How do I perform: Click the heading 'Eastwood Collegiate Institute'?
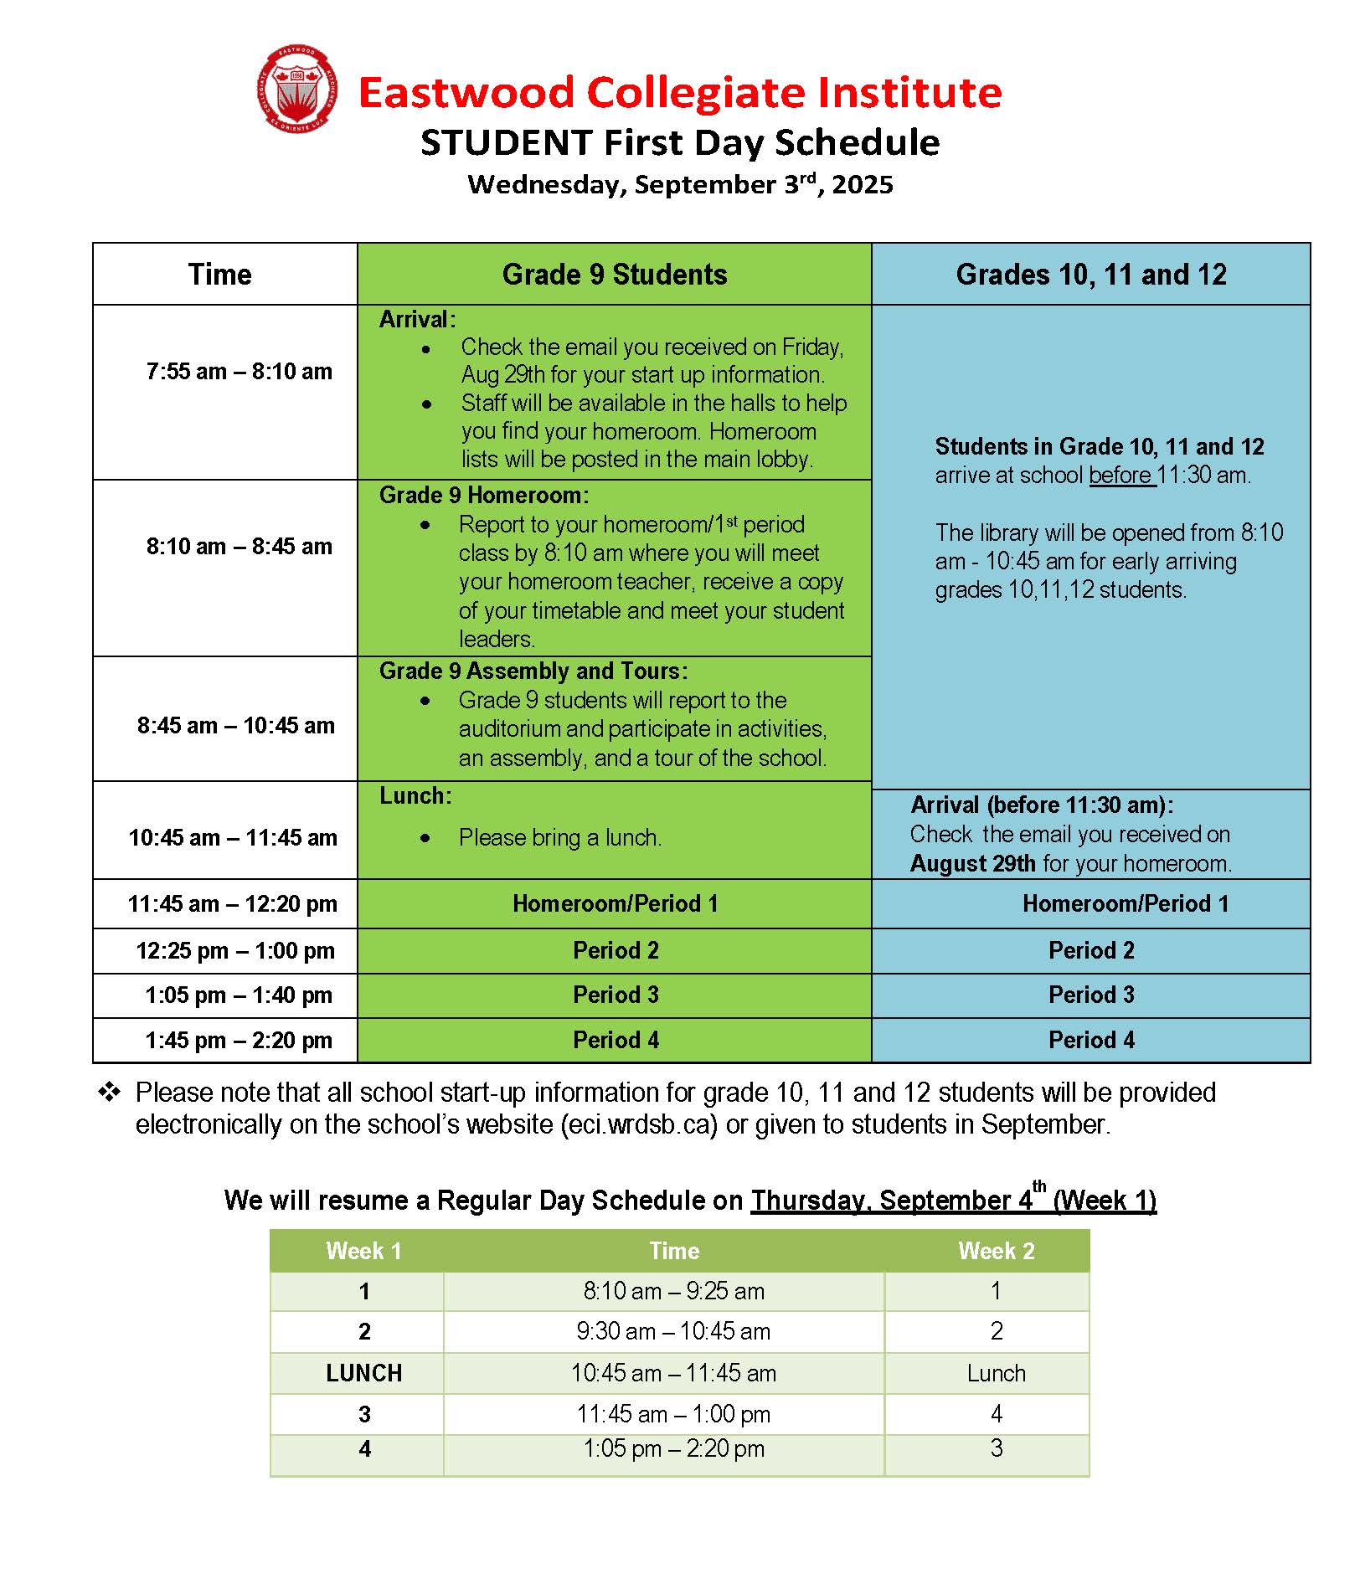click(679, 92)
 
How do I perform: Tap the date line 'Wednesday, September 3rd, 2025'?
click(679, 184)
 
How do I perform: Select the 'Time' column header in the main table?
click(219, 275)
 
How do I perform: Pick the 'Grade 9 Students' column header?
click(614, 275)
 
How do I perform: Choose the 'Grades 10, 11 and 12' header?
click(1090, 275)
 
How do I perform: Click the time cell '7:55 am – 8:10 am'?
click(239, 371)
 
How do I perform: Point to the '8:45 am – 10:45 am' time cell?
click(235, 725)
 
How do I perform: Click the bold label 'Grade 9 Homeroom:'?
click(484, 495)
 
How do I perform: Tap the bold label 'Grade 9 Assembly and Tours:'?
click(533, 671)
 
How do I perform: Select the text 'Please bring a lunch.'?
click(559, 837)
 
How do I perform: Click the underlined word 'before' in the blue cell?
click(1120, 475)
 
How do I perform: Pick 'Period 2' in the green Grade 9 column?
click(616, 950)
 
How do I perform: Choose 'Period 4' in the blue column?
click(1090, 1040)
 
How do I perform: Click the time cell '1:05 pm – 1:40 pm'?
click(238, 995)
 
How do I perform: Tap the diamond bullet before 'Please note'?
click(109, 1092)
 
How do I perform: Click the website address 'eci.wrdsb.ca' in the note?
click(639, 1124)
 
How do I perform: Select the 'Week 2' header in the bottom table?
click(996, 1251)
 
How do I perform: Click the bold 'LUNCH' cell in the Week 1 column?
click(363, 1373)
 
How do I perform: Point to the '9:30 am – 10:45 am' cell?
click(672, 1331)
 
